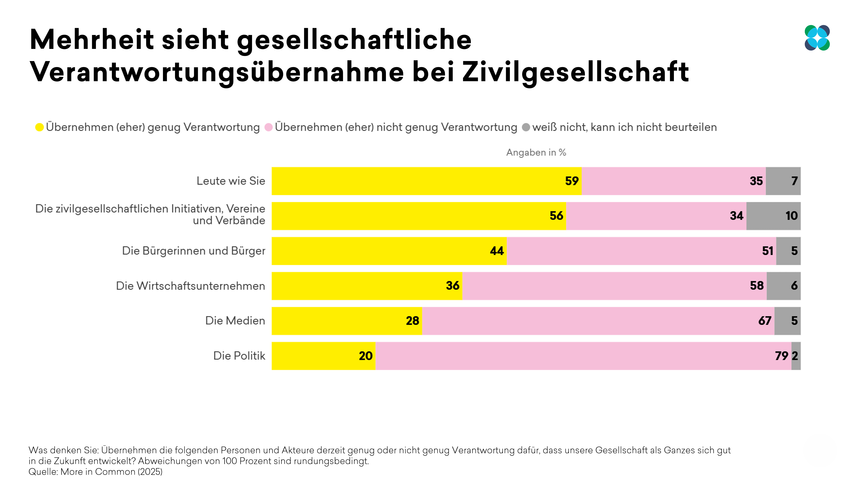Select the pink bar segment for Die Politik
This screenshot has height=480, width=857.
tap(582, 356)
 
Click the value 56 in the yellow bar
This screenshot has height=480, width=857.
tap(556, 216)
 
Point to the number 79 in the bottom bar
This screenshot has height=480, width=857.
tap(781, 356)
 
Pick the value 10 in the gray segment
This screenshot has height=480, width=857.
tap(792, 216)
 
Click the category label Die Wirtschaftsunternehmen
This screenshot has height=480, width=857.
tap(190, 286)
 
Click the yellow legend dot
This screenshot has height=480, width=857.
tap(39, 127)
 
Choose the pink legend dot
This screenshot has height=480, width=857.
tap(268, 127)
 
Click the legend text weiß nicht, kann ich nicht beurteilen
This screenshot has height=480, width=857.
tap(624, 127)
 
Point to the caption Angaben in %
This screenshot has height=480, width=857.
tap(536, 153)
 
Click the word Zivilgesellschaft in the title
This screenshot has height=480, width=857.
tap(576, 72)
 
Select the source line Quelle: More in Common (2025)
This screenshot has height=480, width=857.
tap(95, 472)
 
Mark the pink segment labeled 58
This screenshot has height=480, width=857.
tap(614, 286)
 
